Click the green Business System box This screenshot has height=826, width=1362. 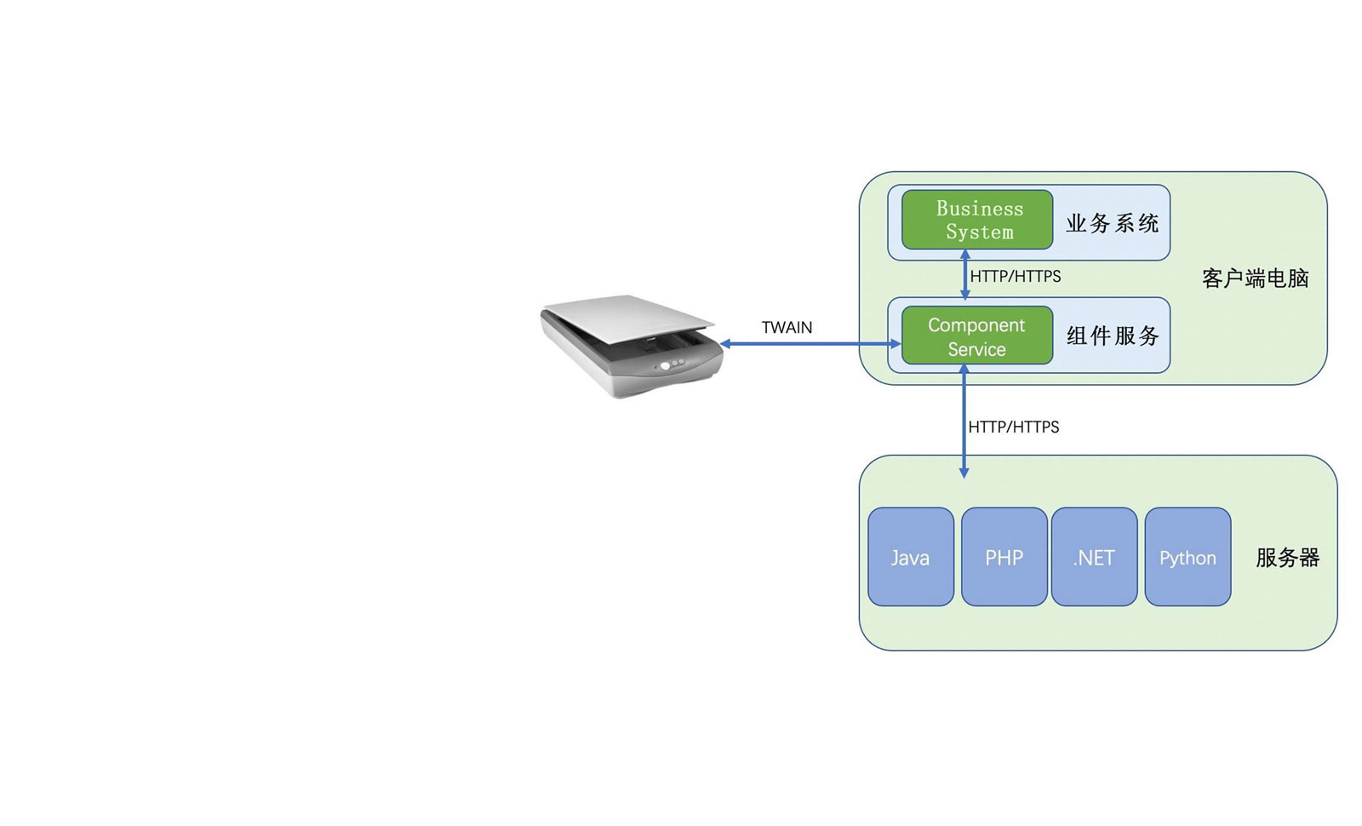976,220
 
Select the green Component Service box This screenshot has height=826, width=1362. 976,336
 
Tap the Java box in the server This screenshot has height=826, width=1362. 910,557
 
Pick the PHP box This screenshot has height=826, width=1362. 1004,557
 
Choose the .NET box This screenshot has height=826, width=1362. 1094,557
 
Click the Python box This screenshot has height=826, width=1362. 1187,557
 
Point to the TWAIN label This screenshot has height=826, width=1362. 787,328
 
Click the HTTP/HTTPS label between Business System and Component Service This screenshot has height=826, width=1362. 1016,277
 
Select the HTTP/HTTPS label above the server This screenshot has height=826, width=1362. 1014,427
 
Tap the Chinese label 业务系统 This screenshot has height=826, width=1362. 1112,224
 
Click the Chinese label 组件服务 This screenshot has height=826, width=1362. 1113,336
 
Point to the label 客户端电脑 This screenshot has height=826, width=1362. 1255,278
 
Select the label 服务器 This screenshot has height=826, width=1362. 1287,558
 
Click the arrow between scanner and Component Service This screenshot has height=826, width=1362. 809,344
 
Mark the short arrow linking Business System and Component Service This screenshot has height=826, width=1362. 964,274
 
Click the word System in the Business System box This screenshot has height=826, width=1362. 980,232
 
